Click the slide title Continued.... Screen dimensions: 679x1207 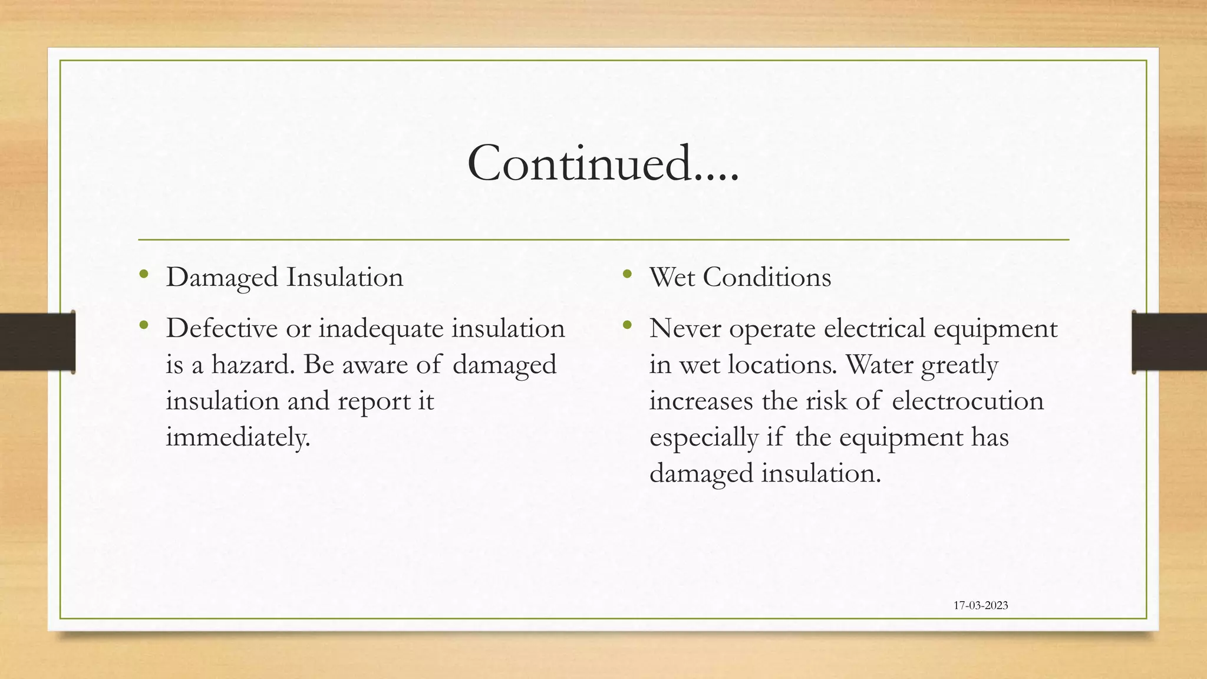tap(602, 163)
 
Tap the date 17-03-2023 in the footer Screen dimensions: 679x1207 tap(981, 605)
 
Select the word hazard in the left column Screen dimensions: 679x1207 tap(252, 365)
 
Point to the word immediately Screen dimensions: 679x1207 tap(238, 437)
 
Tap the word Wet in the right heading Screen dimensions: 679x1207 tap(672, 278)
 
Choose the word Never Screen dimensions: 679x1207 tap(685, 328)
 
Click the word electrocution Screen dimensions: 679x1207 tap(968, 401)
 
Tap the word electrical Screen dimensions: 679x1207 tap(875, 328)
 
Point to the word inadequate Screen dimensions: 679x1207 tap(381, 328)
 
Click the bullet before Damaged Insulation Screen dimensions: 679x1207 tap(144, 274)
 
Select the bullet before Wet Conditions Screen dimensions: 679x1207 tap(627, 274)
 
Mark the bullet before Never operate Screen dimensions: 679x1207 tap(627, 325)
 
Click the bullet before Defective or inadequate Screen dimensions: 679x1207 tap(144, 325)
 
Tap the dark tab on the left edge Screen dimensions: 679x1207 tap(37, 342)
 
